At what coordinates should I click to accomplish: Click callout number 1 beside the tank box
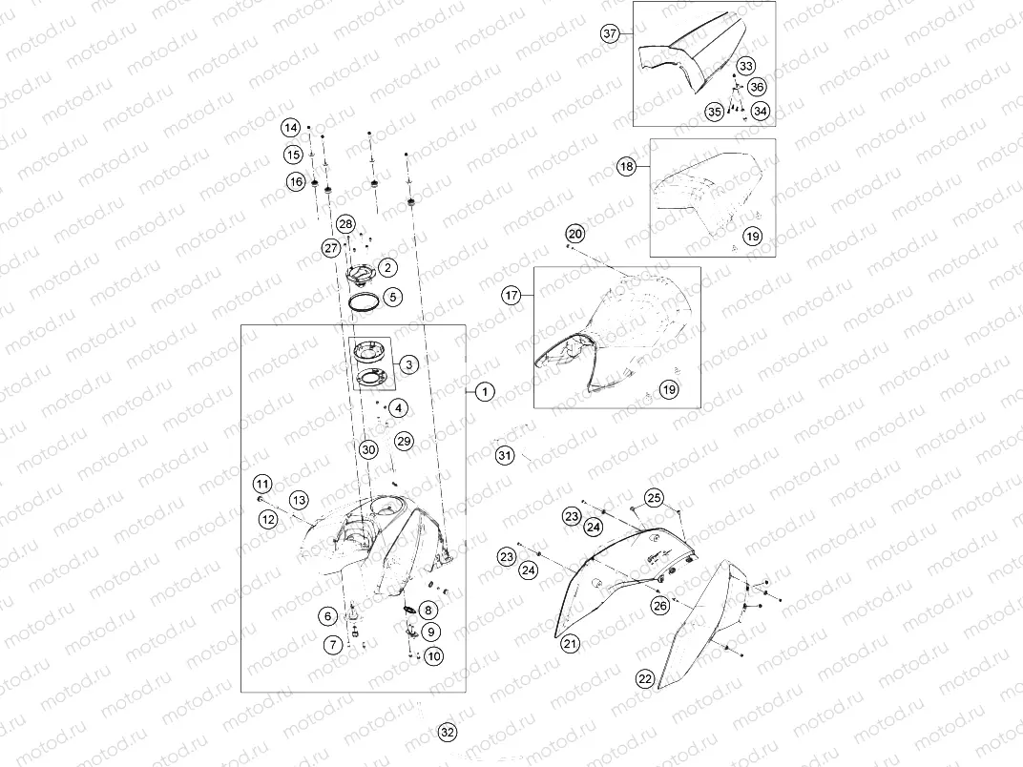[485, 392]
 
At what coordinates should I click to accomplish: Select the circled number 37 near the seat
[610, 33]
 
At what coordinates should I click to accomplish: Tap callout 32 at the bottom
[447, 733]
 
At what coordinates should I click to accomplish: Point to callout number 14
[291, 128]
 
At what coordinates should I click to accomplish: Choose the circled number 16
[297, 181]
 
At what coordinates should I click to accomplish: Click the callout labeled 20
[574, 234]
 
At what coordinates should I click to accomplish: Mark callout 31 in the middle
[504, 455]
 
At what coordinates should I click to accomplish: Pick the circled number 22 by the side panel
[645, 679]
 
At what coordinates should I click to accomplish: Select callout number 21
[571, 644]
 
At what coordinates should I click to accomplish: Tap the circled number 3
[409, 363]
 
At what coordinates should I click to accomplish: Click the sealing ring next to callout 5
[365, 303]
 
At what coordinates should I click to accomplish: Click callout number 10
[434, 656]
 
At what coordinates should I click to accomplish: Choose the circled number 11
[262, 484]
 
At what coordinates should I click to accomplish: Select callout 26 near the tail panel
[660, 606]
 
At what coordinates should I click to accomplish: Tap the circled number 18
[627, 167]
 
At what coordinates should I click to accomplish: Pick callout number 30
[368, 449]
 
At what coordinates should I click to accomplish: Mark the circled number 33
[745, 66]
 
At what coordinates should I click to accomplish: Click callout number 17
[511, 296]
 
